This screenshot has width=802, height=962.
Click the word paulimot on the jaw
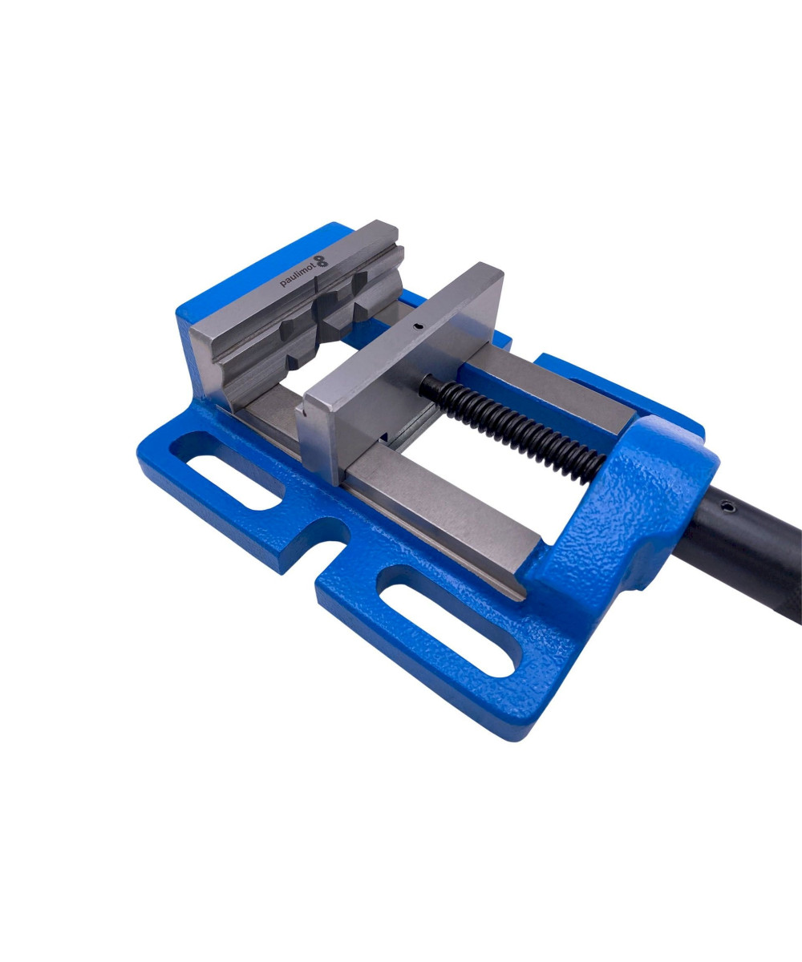tap(297, 276)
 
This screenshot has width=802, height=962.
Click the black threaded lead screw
tap(512, 428)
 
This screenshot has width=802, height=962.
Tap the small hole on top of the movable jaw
tap(418, 327)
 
